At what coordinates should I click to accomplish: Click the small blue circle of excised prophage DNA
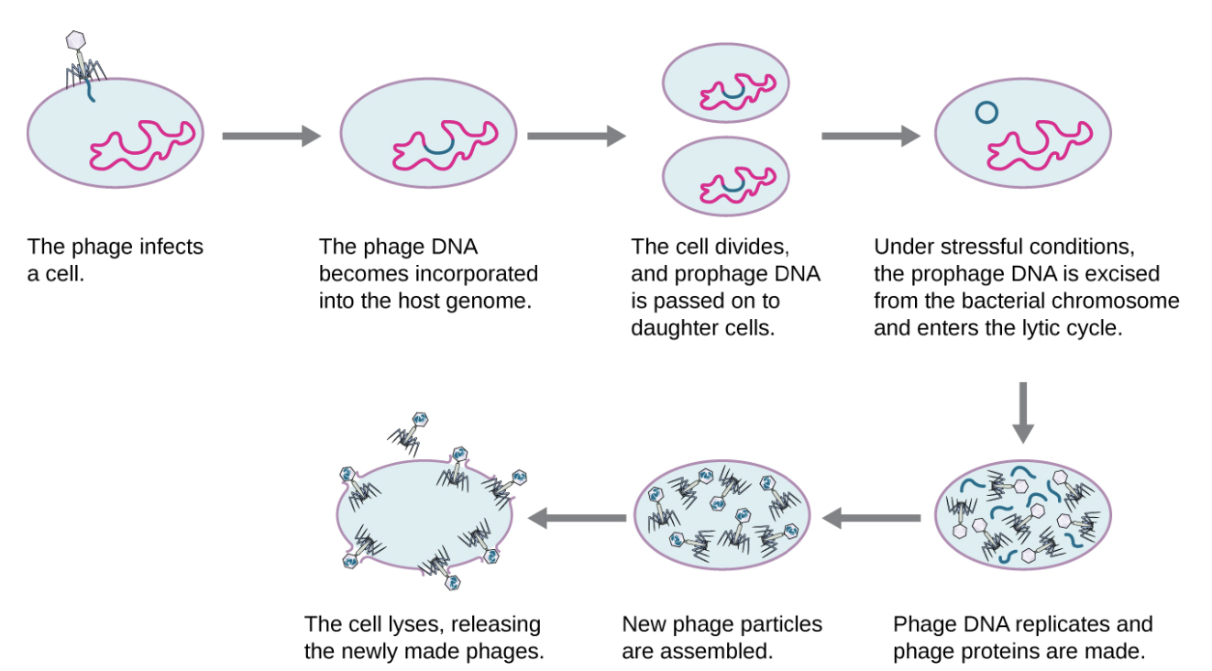click(986, 112)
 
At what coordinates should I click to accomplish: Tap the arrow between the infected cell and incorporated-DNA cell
click(271, 137)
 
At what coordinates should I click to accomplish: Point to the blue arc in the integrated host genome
click(438, 148)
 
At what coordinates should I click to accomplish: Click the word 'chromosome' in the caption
click(1127, 300)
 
